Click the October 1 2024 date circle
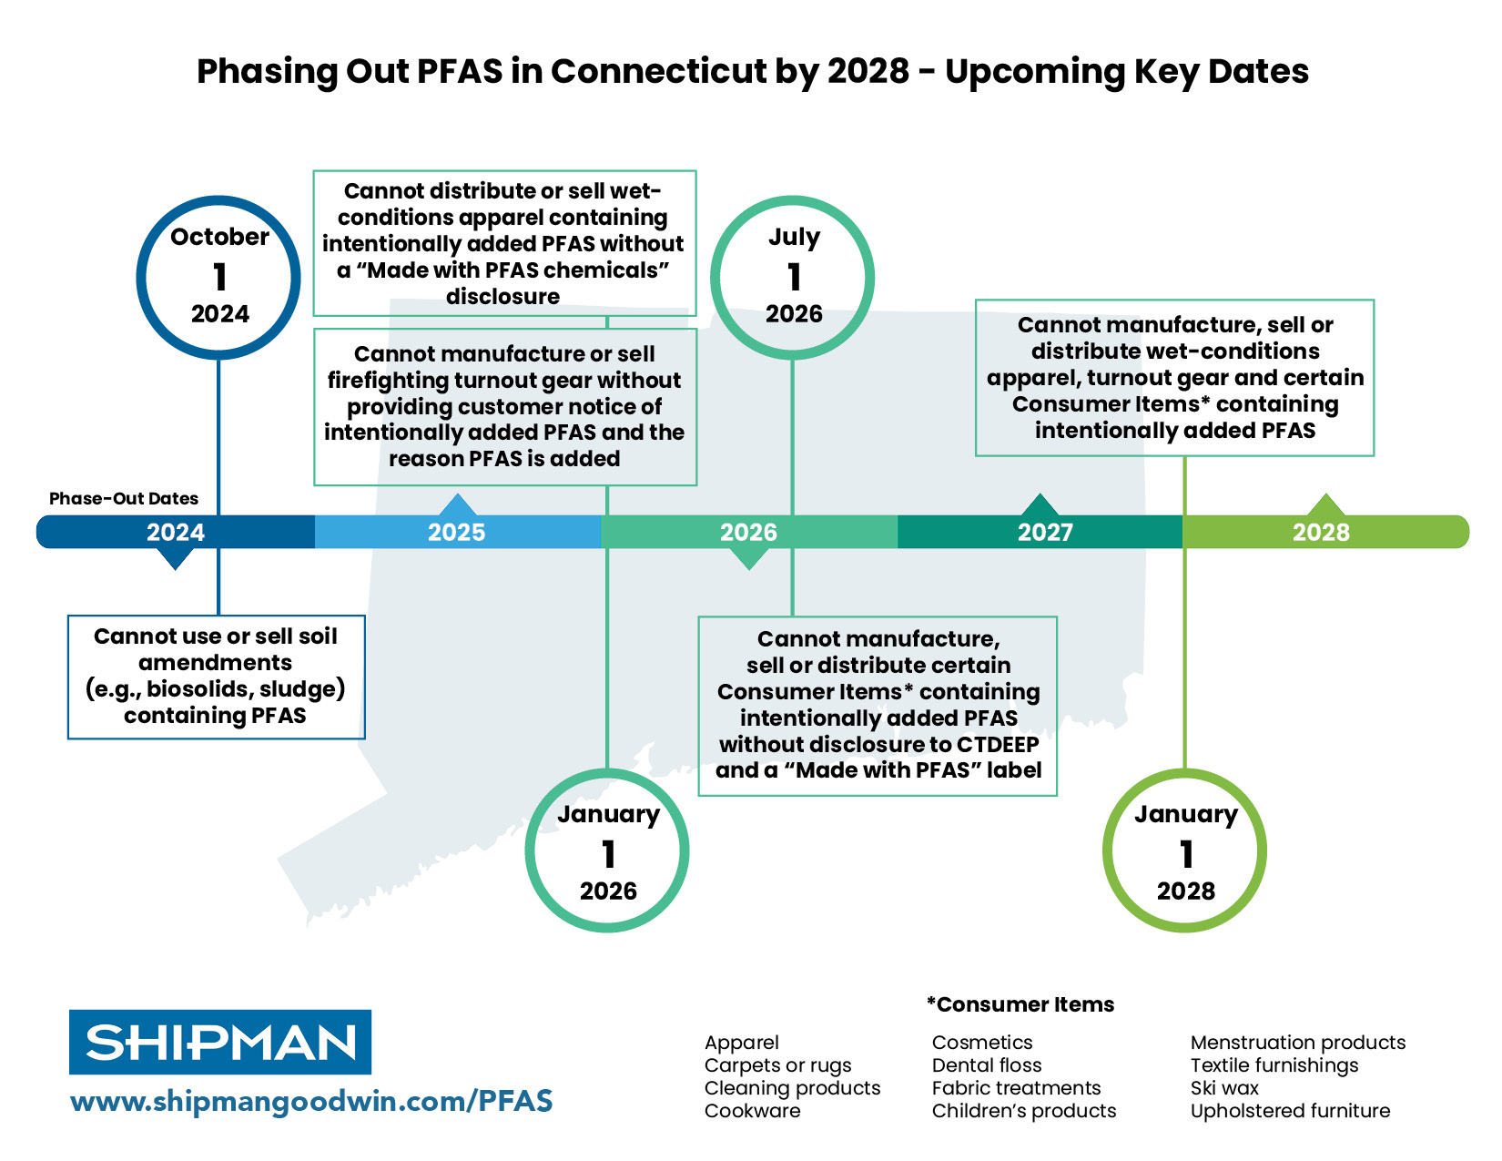point(218,277)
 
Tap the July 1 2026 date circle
point(793,277)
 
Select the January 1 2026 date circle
point(607,851)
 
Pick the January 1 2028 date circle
point(1184,851)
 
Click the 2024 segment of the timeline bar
point(176,532)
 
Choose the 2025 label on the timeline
point(456,532)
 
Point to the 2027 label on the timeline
point(1045,532)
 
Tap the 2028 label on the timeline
point(1321,532)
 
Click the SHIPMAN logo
point(220,1042)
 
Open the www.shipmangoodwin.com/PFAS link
point(311,1101)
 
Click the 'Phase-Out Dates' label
point(124,498)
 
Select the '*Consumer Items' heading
point(1020,1004)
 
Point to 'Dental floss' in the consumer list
point(987,1065)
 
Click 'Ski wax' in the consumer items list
point(1224,1088)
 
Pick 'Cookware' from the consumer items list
point(753,1111)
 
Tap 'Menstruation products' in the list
point(1298,1043)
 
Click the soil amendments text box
point(216,677)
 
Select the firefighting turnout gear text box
point(504,406)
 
